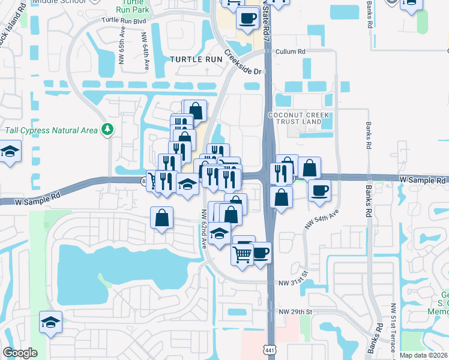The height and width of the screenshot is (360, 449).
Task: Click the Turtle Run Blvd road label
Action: [124, 20]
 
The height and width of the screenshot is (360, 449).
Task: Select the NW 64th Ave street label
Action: [145, 52]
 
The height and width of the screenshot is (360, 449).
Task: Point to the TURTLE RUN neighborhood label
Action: [195, 59]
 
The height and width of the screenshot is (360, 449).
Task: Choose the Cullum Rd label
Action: [291, 52]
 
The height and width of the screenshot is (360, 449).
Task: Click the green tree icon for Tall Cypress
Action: [107, 129]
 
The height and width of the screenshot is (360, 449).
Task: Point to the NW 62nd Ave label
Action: [203, 235]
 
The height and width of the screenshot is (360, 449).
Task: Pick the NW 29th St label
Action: [296, 312]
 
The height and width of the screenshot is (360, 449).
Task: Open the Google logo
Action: [20, 352]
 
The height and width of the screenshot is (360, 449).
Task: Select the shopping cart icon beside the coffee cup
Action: [242, 255]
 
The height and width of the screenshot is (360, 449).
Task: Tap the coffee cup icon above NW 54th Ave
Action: [319, 191]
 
